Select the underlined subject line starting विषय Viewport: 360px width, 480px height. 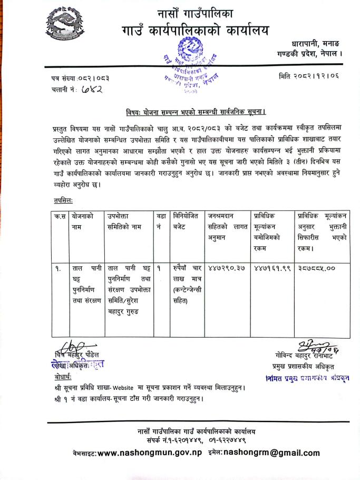pos(196,112)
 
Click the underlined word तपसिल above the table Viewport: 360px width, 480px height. pos(63,200)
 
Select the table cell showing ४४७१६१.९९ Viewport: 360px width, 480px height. pos(271,268)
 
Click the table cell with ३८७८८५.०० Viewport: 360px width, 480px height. pos(317,268)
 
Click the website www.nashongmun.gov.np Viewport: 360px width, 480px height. pos(150,453)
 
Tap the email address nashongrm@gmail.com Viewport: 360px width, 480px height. pos(271,453)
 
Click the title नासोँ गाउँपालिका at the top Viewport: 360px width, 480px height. pos(194,13)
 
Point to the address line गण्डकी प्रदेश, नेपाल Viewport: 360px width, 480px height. pos(310,53)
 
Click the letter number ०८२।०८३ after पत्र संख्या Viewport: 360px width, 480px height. pos(95,78)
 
